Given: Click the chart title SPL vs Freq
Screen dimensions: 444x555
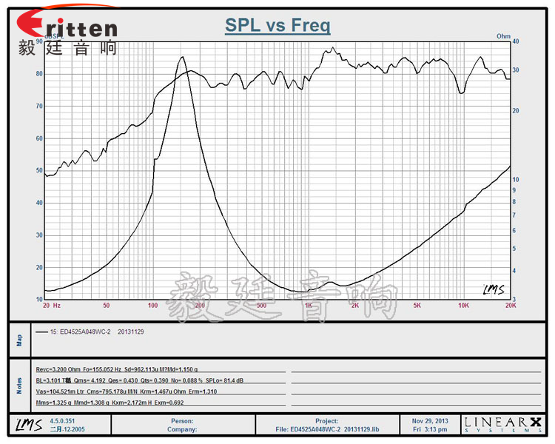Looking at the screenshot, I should (x=277, y=26).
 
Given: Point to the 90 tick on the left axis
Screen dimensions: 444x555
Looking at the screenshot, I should (x=39, y=42).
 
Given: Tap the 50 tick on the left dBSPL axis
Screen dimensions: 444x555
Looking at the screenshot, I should (x=39, y=171).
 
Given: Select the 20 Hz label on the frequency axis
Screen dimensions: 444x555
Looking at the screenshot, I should (x=51, y=305).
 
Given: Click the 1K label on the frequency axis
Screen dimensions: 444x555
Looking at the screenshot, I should (x=308, y=305).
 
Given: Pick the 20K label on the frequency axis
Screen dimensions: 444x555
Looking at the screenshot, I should (x=509, y=305).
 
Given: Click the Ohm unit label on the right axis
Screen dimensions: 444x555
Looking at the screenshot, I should (x=503, y=36).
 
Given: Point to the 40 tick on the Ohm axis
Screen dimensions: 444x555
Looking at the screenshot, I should (x=516, y=42).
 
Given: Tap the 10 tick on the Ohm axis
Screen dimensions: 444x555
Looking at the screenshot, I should (x=516, y=179).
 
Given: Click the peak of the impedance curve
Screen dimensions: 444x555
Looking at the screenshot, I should (x=182, y=57).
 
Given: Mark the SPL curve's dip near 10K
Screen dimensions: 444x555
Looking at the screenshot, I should (x=462, y=92).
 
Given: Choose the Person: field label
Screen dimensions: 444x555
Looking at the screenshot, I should (x=181, y=420).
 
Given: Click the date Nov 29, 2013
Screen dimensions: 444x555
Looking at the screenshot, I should (x=430, y=420).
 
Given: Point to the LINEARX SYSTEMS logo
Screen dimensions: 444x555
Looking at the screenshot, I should (x=503, y=424).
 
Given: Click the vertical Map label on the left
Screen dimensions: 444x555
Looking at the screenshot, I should (x=20, y=340).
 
